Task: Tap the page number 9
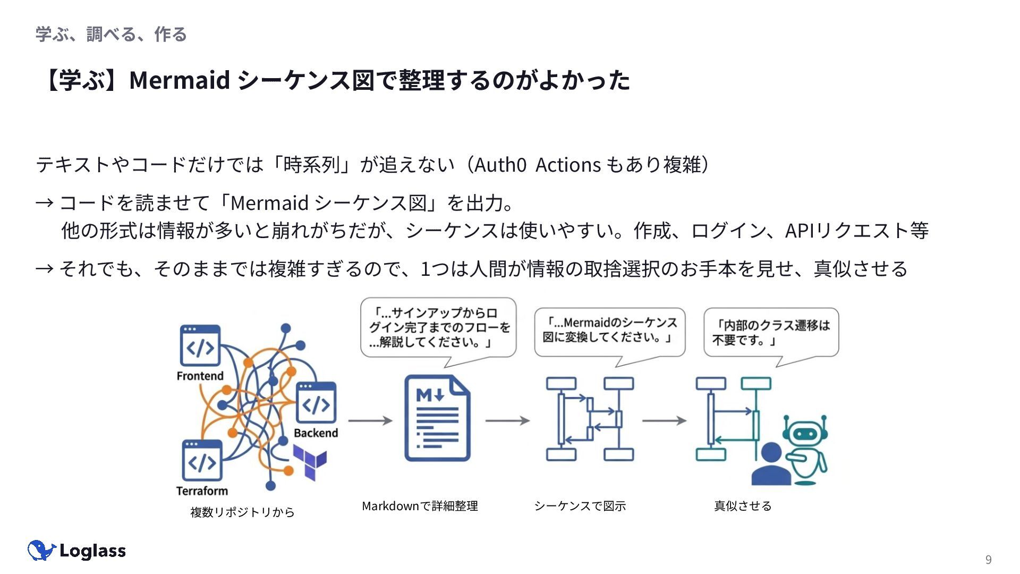[x=988, y=559]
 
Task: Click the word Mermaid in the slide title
[x=180, y=80]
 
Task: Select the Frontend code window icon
[x=200, y=345]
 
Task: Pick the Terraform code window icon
[x=202, y=460]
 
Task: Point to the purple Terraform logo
[x=310, y=460]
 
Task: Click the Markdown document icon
[x=437, y=418]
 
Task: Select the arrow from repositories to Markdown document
[x=370, y=420]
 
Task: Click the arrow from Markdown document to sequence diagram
[x=507, y=420]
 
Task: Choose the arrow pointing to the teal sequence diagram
[x=664, y=420]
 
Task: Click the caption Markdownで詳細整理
[x=420, y=506]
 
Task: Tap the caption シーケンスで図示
[x=580, y=506]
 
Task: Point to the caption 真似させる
[x=742, y=506]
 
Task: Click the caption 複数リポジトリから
[x=242, y=512]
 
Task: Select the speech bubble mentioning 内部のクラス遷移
[x=771, y=333]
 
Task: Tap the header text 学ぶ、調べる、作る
[x=111, y=35]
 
